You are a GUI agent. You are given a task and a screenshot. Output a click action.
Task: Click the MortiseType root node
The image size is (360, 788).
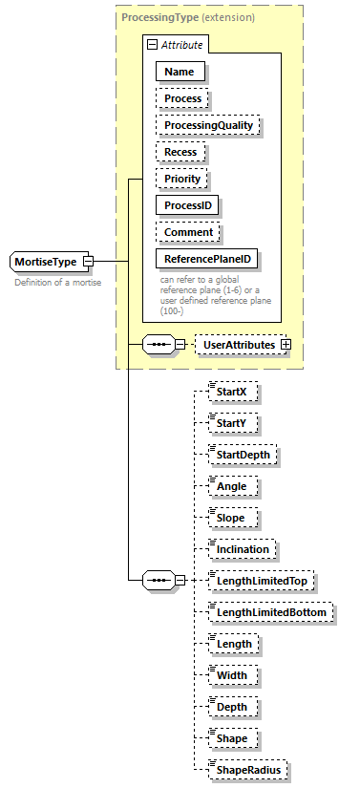pyautogui.click(x=45, y=261)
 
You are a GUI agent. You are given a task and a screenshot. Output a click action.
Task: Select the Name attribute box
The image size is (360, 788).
pyautogui.click(x=180, y=71)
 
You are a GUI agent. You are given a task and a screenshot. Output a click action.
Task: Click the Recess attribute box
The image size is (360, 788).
pyautogui.click(x=180, y=152)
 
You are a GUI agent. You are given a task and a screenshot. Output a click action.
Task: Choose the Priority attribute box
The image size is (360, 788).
pyautogui.click(x=181, y=179)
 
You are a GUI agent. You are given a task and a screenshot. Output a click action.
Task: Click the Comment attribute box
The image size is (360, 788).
pyautogui.click(x=188, y=232)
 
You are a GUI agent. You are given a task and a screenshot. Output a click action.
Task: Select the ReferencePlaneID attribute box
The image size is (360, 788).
pyautogui.click(x=207, y=259)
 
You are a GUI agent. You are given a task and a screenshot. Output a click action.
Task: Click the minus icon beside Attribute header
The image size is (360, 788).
pyautogui.click(x=151, y=45)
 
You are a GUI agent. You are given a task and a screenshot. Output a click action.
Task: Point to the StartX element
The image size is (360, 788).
pyautogui.click(x=233, y=391)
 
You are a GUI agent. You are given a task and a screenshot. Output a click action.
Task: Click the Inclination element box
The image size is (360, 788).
pyautogui.click(x=244, y=548)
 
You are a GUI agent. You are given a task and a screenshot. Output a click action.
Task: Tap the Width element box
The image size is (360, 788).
pyautogui.click(x=232, y=675)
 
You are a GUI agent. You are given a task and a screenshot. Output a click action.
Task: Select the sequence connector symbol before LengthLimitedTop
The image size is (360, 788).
pyautogui.click(x=158, y=580)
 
